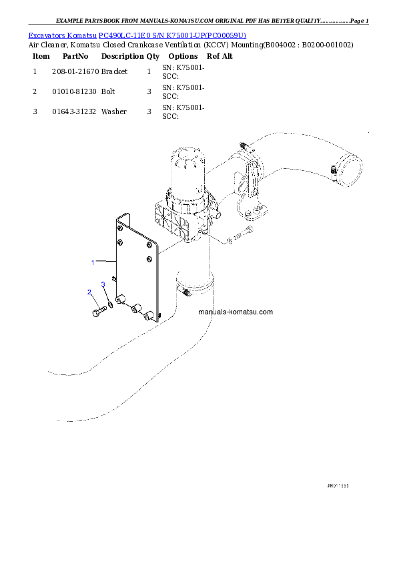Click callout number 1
pos(93,262)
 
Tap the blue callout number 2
pos(89,292)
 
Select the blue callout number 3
pos(103,285)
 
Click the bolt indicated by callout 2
pos(96,312)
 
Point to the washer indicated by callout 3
pos(110,305)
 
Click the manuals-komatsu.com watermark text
pos(236,312)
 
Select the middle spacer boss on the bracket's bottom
pos(135,308)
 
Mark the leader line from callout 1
pos(105,261)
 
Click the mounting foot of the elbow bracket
pos(254,214)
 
